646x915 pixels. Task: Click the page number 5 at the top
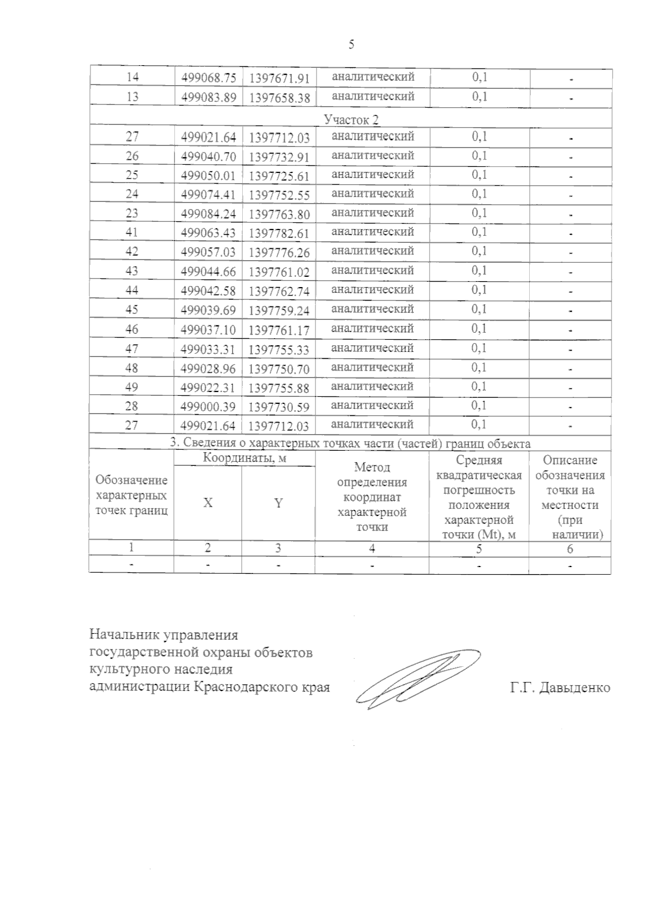pyautogui.click(x=351, y=45)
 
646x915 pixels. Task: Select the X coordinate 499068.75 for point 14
pyautogui.click(x=208, y=78)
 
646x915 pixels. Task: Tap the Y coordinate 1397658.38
pyautogui.click(x=279, y=98)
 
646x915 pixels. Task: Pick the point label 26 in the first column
pyautogui.click(x=132, y=156)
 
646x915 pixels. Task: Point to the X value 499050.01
pyautogui.click(x=208, y=176)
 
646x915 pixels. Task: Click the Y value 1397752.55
pyautogui.click(x=279, y=195)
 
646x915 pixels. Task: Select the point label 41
pyautogui.click(x=132, y=233)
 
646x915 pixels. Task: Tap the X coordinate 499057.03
pyautogui.click(x=208, y=252)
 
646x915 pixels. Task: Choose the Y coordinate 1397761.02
pyautogui.click(x=279, y=271)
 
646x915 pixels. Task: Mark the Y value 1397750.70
pyautogui.click(x=279, y=369)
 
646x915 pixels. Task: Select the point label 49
pyautogui.click(x=132, y=387)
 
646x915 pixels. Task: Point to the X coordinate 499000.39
pyautogui.click(x=208, y=407)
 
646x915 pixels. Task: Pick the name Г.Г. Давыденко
pyautogui.click(x=560, y=688)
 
